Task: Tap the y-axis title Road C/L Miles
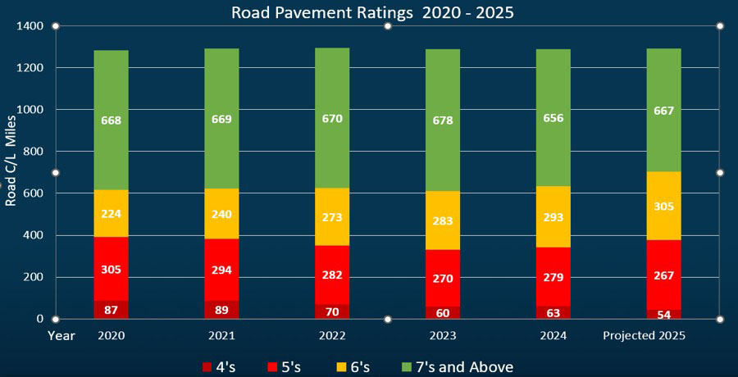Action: (11, 172)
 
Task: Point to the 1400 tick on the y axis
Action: (32, 26)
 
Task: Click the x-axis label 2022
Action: (332, 336)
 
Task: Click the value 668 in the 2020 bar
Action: (111, 120)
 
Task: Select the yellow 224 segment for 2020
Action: (111, 214)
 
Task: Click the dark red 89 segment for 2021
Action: (221, 310)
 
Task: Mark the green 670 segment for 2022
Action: (332, 119)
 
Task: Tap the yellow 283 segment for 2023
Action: (442, 220)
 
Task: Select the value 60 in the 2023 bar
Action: (442, 312)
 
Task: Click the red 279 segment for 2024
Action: (553, 277)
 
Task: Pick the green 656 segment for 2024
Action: (553, 118)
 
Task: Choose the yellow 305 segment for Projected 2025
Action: (663, 206)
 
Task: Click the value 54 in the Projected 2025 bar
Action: (663, 314)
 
